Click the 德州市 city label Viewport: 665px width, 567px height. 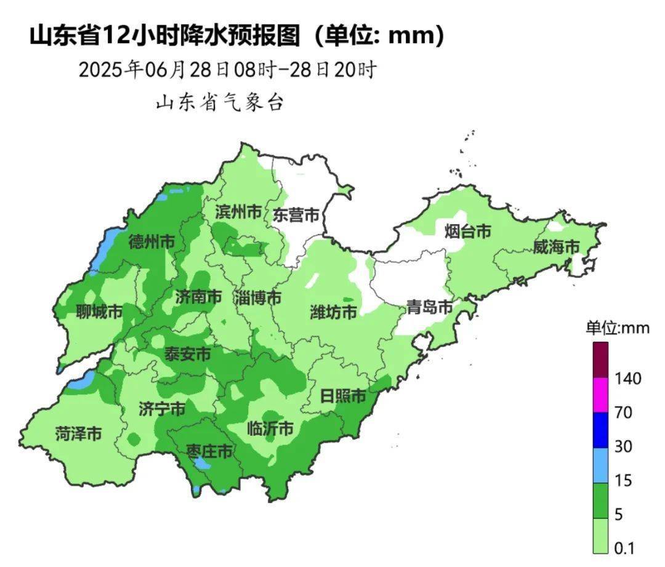(x=151, y=242)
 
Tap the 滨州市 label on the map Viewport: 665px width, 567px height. (x=238, y=212)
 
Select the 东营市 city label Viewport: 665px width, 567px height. (x=296, y=215)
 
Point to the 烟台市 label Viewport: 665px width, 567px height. (x=468, y=231)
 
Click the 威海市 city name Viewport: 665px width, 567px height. (x=556, y=247)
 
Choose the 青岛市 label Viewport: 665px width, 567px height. (x=429, y=307)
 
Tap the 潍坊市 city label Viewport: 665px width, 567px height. (x=333, y=312)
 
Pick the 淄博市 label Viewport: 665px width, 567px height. (x=257, y=298)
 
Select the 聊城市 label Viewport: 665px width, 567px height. (x=99, y=312)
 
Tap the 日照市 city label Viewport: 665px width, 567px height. (x=344, y=396)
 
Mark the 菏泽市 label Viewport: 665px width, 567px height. (x=78, y=433)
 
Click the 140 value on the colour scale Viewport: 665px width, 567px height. (x=627, y=378)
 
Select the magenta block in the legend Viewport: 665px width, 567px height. (x=601, y=395)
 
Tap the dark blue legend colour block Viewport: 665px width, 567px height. (x=601, y=430)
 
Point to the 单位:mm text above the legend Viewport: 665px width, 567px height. (x=617, y=328)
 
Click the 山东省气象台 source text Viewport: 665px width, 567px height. (x=220, y=102)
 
